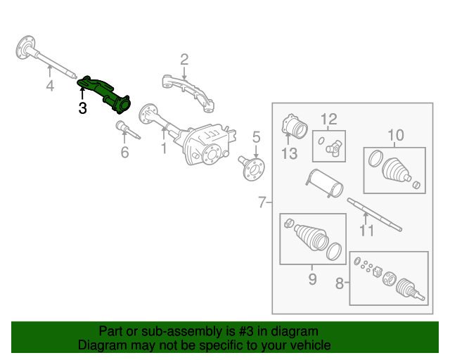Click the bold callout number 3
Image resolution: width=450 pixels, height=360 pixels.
(x=83, y=108)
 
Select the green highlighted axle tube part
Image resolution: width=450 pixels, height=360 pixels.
(x=105, y=94)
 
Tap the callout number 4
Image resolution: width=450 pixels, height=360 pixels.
(x=50, y=86)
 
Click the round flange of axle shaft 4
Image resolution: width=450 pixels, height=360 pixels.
(x=25, y=47)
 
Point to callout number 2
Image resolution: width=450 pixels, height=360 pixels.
(x=184, y=60)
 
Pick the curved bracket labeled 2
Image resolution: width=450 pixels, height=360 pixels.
(x=188, y=93)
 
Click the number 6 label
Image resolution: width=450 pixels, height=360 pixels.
(x=124, y=152)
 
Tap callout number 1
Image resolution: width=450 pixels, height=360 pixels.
(x=164, y=148)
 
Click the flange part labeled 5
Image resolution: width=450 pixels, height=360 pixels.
(x=252, y=169)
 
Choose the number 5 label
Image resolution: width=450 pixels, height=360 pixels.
(x=256, y=137)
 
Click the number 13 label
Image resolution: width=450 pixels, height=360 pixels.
(x=289, y=153)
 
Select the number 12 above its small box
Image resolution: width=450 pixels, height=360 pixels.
(x=329, y=119)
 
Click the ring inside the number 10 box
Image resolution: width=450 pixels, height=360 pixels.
(x=375, y=158)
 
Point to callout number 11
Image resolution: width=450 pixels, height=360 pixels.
(x=366, y=231)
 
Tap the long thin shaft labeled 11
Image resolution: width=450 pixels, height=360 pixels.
(x=375, y=214)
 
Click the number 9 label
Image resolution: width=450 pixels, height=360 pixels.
(x=312, y=279)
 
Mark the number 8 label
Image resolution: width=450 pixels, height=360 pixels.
(x=340, y=283)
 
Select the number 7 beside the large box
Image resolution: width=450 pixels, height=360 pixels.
(x=262, y=202)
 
